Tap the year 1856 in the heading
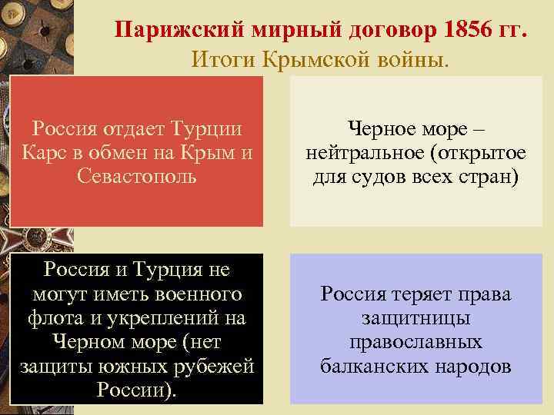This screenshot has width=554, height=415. (469, 32)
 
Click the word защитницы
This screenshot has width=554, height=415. (415, 318)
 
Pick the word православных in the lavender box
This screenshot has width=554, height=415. (415, 342)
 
